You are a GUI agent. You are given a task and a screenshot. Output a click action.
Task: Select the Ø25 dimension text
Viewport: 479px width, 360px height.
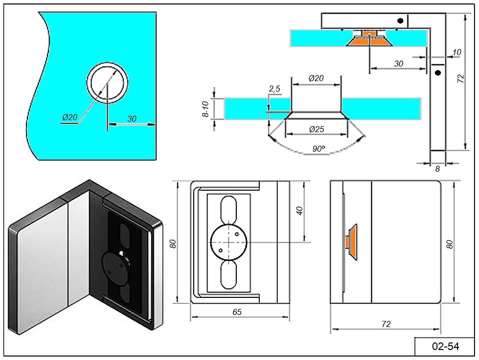click(x=316, y=129)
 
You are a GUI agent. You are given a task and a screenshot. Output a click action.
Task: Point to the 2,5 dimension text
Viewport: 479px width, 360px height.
click(x=274, y=89)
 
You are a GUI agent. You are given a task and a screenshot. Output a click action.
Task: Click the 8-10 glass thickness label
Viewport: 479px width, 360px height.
click(x=205, y=109)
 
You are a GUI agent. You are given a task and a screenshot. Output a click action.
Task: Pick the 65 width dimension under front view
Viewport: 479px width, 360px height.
click(x=237, y=312)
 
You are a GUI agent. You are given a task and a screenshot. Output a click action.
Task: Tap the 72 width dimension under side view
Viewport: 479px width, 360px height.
click(x=385, y=324)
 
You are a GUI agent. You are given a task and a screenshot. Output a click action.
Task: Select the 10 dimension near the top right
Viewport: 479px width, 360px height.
click(x=456, y=52)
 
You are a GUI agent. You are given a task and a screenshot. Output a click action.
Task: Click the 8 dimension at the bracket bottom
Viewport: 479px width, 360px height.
click(x=437, y=169)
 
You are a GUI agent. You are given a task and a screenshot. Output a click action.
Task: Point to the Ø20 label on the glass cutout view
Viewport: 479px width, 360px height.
click(x=70, y=117)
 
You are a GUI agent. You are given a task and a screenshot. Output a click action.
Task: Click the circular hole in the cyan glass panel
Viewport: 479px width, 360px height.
click(x=108, y=83)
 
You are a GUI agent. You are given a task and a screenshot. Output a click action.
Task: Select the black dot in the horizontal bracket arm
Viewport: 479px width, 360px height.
click(x=400, y=21)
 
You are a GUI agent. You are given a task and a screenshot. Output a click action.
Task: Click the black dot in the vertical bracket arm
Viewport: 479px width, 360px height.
click(x=438, y=73)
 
